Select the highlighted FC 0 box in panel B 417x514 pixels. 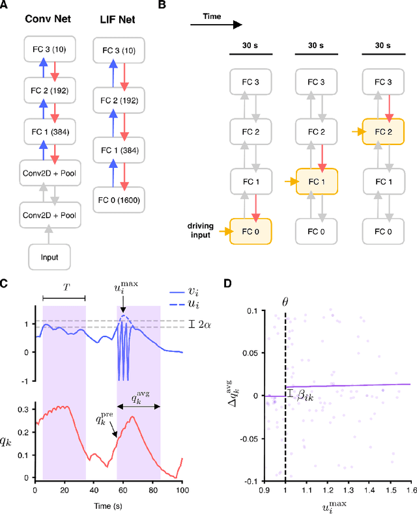[248, 231]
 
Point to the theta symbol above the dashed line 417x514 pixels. [284, 302]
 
